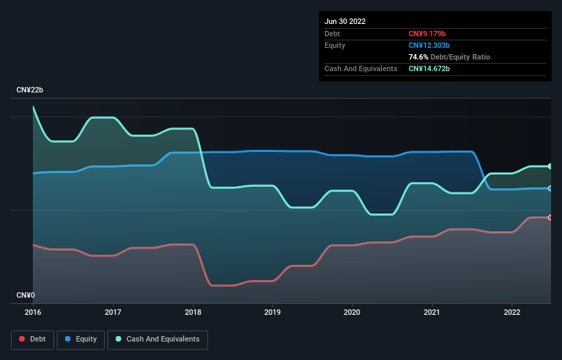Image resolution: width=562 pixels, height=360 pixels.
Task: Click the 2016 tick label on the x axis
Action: (x=33, y=312)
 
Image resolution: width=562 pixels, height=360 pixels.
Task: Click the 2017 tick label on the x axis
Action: (x=113, y=312)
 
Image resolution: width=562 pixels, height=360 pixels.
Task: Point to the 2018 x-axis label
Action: (x=193, y=312)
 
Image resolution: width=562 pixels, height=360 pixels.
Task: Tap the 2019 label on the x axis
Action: (x=272, y=312)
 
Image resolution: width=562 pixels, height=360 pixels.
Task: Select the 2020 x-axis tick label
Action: (x=353, y=312)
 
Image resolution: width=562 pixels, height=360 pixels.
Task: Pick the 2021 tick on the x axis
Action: (x=432, y=312)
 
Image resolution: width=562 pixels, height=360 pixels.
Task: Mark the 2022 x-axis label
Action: (x=512, y=312)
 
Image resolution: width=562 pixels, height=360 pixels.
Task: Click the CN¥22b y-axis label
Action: (x=30, y=90)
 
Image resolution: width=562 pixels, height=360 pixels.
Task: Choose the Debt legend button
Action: (x=32, y=339)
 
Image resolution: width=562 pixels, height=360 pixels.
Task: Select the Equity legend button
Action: (x=80, y=339)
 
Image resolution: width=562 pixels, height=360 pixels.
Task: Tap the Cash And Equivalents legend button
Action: (x=157, y=339)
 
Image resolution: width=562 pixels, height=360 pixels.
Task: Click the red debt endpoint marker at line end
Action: (x=550, y=218)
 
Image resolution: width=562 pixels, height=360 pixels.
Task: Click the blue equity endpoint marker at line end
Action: (x=550, y=188)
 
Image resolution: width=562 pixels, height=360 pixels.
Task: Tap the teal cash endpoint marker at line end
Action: (x=550, y=166)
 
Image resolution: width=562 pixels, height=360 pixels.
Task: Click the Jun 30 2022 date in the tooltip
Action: (x=345, y=21)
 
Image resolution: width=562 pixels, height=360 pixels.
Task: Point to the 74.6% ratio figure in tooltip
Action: (x=418, y=57)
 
